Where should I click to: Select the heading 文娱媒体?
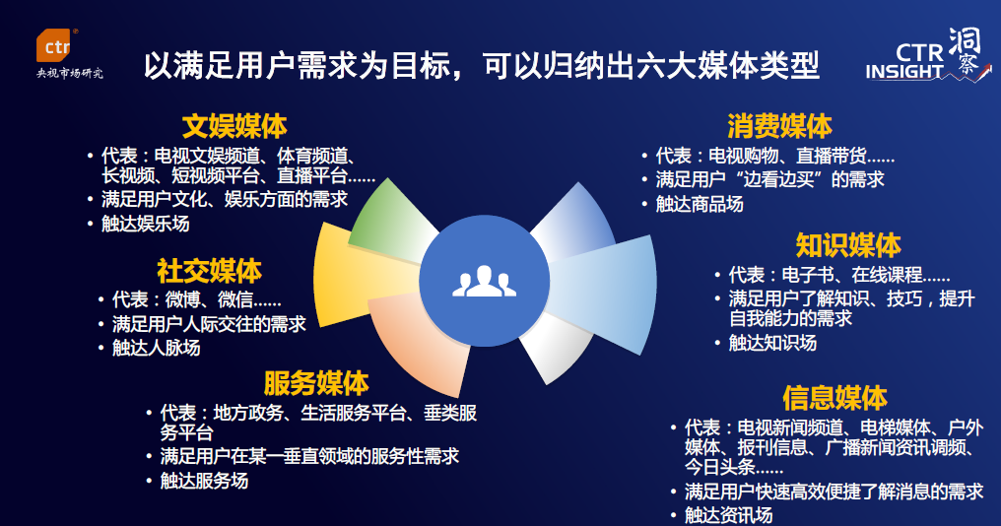[234, 126]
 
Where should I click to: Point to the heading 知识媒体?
[848, 244]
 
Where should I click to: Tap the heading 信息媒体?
[834, 397]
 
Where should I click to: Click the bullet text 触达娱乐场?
[145, 224]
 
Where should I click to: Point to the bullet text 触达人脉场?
[156, 348]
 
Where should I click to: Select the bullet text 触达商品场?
[700, 205]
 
